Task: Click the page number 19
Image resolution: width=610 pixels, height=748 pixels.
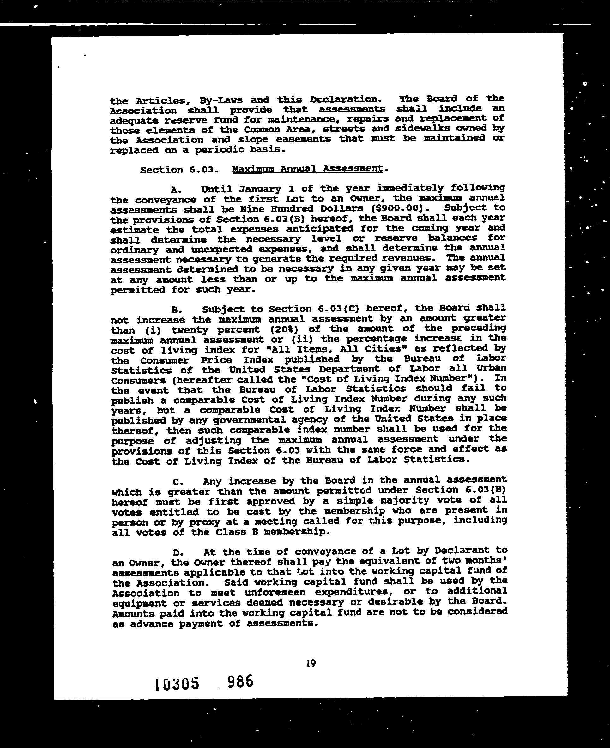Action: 311,663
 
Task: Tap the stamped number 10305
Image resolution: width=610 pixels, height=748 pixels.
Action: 177,683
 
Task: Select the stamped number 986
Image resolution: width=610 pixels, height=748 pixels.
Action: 240,682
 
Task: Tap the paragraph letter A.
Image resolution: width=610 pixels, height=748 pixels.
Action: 176,190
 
